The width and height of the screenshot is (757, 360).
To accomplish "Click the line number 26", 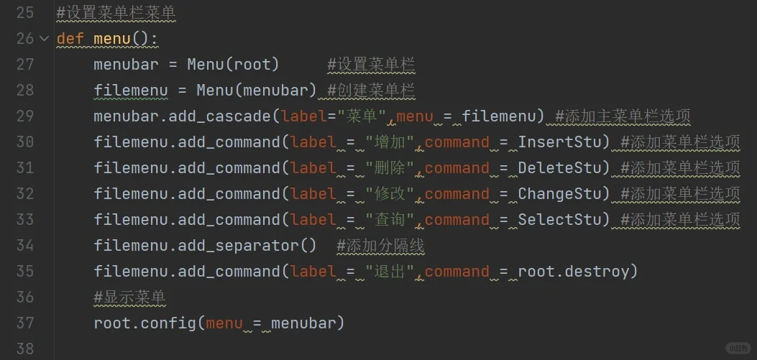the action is point(24,38).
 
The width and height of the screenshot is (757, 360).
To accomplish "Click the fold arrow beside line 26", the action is point(44,38).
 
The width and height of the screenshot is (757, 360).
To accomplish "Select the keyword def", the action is point(70,38).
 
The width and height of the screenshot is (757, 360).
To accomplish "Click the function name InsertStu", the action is point(560,142).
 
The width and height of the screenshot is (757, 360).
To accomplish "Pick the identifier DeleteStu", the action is point(560,168).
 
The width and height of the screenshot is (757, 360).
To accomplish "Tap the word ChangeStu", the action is point(560,194).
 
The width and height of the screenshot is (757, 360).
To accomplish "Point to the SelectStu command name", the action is point(560,220).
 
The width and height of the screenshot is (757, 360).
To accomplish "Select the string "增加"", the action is point(390,142).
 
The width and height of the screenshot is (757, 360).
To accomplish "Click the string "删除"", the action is point(390,168).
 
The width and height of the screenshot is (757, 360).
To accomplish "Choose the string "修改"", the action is point(390,194).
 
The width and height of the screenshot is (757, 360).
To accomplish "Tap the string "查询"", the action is point(390,220).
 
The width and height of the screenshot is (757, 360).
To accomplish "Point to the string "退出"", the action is point(390,272).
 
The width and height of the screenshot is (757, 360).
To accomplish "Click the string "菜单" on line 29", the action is point(362,116).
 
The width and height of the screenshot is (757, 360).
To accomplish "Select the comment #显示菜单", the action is point(129,297).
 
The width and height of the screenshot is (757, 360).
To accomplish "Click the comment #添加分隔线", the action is point(380,246).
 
